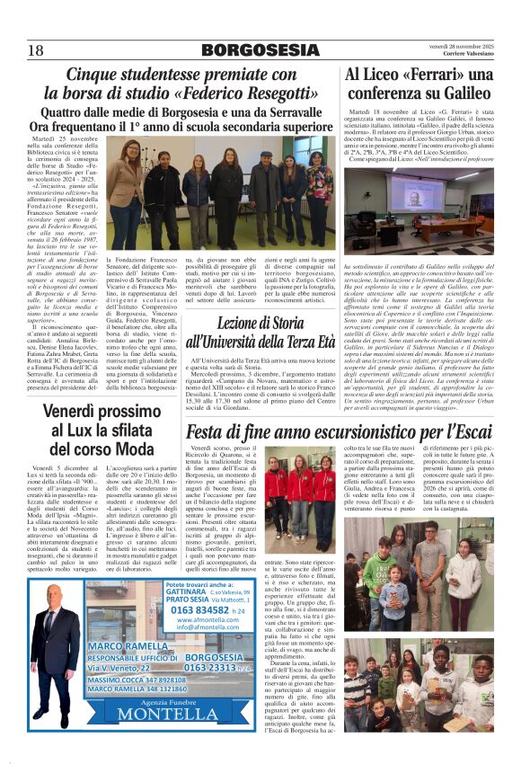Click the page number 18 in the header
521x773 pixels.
pos(36,49)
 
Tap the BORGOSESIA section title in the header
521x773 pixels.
pos(260,49)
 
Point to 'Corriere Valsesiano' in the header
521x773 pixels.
pos(467,55)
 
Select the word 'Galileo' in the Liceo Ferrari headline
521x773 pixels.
pos(461,93)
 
